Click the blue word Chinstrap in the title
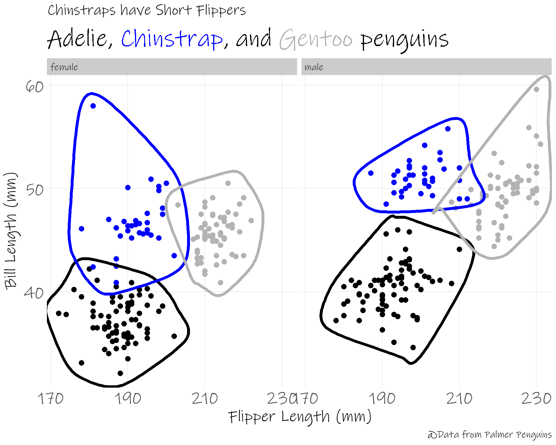(x=172, y=39)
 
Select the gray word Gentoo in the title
(x=316, y=39)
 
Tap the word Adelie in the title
(x=77, y=39)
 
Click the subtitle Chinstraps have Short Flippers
(x=147, y=11)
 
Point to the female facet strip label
(x=64, y=67)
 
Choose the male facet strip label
(x=314, y=67)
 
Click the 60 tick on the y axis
(x=34, y=86)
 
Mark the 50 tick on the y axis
(x=34, y=190)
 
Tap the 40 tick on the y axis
(x=34, y=293)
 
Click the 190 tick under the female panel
(x=128, y=399)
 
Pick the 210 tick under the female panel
(x=205, y=399)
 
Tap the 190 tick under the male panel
(x=382, y=399)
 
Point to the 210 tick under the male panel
(x=459, y=399)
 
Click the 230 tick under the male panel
(x=536, y=399)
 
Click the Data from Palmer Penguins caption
(x=490, y=435)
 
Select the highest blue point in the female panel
(x=93, y=106)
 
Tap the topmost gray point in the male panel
(x=536, y=90)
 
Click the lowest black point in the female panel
(x=120, y=373)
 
